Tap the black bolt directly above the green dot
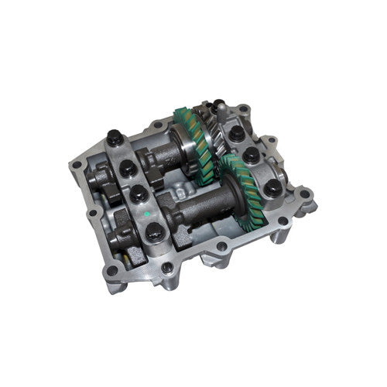tap(136, 192)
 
